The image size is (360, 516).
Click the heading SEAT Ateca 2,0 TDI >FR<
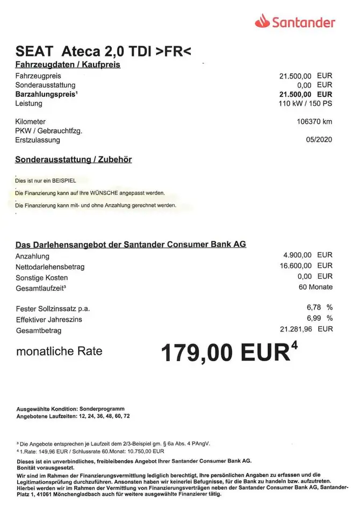(104, 52)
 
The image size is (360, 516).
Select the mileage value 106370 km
(314, 121)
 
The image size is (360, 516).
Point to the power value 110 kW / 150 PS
(305, 103)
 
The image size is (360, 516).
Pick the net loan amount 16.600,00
(292, 266)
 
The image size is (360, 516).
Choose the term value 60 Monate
(315, 287)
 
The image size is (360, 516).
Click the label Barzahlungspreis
(45, 94)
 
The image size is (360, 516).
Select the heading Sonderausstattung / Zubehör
(74, 160)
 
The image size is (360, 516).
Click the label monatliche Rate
(59, 352)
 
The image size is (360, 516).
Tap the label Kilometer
(31, 122)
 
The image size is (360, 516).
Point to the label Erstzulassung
(38, 140)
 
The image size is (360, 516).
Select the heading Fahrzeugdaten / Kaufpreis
(68, 65)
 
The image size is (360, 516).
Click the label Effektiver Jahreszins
(49, 319)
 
